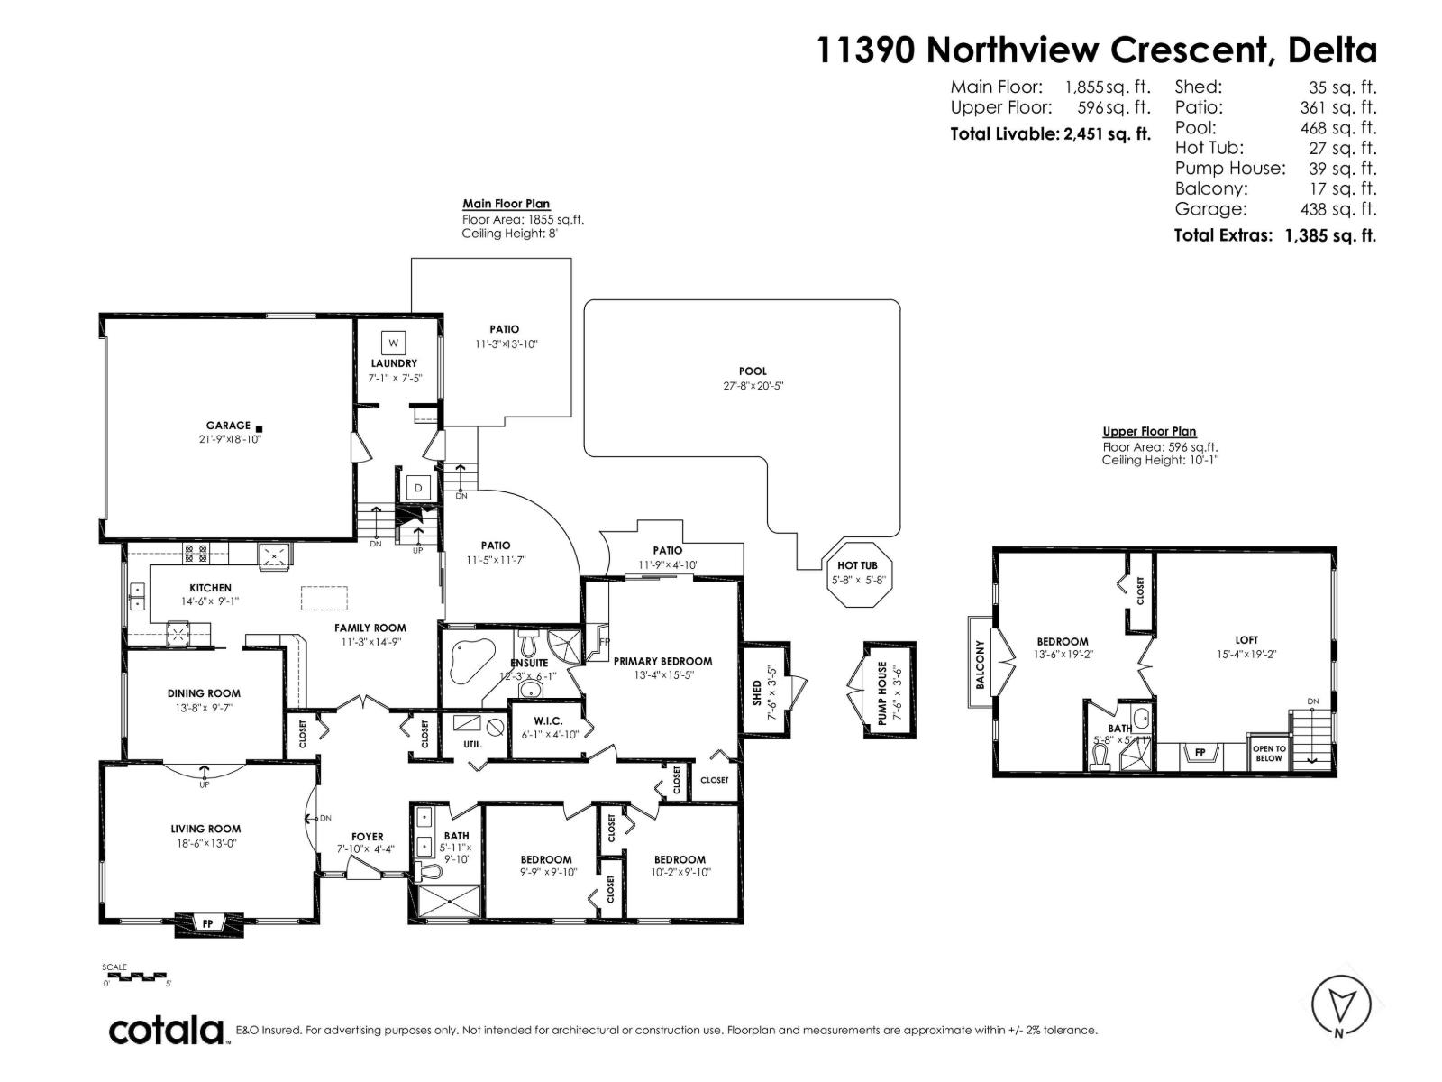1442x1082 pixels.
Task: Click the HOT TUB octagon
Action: (857, 573)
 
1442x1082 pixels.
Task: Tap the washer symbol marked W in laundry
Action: (393, 343)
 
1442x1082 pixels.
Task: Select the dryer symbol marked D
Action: (418, 488)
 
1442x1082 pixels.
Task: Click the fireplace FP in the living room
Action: (208, 923)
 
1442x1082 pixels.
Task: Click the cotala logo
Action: (167, 1030)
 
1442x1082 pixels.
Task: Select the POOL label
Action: (753, 371)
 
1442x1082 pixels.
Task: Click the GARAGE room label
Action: (228, 426)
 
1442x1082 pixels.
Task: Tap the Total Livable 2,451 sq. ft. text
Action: (1050, 134)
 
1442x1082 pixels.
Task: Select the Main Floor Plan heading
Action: (506, 204)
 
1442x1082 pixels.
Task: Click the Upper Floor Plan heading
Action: (1149, 432)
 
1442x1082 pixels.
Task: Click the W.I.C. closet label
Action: (548, 720)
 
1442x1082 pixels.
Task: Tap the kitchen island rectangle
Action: (324, 599)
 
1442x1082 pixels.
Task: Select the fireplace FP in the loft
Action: (1200, 752)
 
